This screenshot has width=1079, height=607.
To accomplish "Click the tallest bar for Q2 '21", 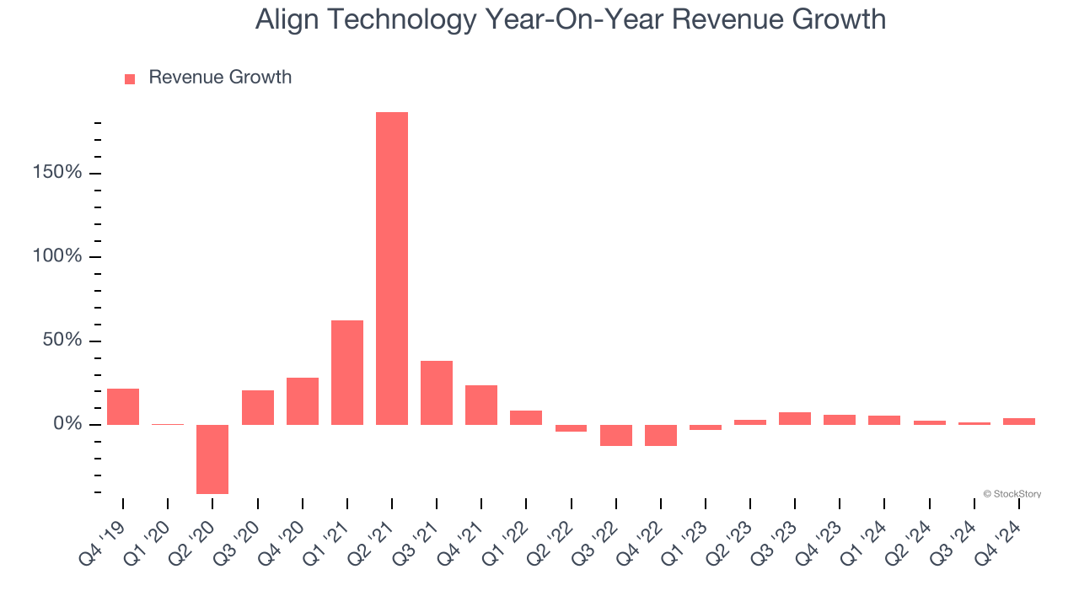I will [x=392, y=268].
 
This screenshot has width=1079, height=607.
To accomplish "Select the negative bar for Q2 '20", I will [x=212, y=459].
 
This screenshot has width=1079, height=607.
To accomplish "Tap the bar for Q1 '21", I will [x=347, y=372].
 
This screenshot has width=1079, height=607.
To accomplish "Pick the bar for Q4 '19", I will [x=123, y=406].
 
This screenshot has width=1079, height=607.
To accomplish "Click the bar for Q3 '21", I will [x=437, y=392].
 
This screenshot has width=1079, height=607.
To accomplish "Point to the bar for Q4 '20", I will [x=303, y=400].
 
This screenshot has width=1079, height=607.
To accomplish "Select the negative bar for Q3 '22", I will [x=616, y=435].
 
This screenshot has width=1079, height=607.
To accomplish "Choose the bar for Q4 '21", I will [x=481, y=405].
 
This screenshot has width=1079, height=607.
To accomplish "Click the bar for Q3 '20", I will [x=258, y=407].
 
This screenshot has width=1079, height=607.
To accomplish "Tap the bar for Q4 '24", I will [x=1019, y=421].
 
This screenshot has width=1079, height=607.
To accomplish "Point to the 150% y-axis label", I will [x=56, y=173].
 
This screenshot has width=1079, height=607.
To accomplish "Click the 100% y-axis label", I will [x=56, y=256].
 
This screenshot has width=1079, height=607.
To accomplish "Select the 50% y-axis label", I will [x=61, y=340].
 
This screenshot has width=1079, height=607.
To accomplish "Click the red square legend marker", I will [x=130, y=79].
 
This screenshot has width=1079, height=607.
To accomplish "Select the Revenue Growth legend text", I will [x=220, y=78].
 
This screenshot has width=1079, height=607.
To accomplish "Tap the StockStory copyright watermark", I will [x=1012, y=494].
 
